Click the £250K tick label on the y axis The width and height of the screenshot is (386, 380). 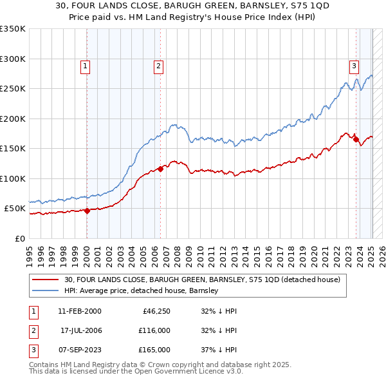[13, 89]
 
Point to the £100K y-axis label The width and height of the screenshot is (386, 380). [13, 178]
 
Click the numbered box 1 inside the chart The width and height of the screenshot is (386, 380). [86, 65]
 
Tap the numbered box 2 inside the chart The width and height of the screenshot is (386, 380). [158, 65]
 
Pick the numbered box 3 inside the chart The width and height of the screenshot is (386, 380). [354, 65]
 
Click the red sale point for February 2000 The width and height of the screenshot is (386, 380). [87, 211]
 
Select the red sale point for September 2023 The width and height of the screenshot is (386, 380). [356, 140]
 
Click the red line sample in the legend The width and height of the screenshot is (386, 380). [46, 280]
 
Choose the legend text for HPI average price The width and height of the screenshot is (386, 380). [142, 290]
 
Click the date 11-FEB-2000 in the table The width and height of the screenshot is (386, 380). [79, 311]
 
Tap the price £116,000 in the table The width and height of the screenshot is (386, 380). [154, 330]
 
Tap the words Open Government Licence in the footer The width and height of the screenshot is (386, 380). [188, 371]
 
